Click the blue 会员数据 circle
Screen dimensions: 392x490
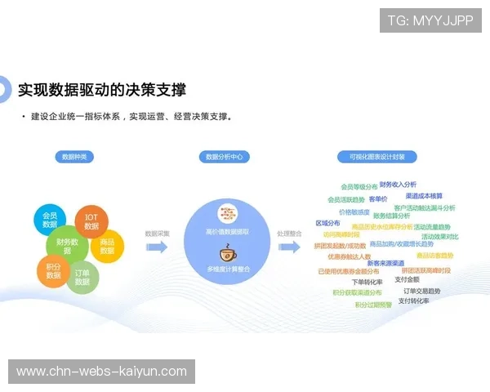tap(51, 219)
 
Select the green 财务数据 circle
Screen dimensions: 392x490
tap(69, 246)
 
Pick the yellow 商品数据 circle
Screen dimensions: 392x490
tap(107, 246)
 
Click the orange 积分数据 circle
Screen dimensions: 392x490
tap(54, 270)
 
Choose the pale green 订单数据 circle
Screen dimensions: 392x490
tap(82, 277)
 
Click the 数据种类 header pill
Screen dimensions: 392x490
tap(75, 157)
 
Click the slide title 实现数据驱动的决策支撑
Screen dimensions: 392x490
tap(101, 89)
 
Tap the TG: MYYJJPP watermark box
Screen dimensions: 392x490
tap(430, 20)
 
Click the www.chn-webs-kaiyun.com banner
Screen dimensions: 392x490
tap(101, 372)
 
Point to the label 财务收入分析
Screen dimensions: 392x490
tap(398, 185)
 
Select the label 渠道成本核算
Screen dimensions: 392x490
tap(424, 196)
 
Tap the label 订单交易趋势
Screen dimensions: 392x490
tap(421, 291)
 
